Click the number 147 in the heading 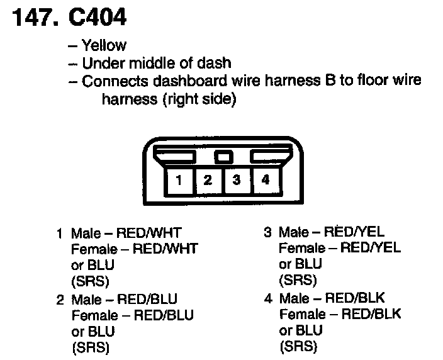31,17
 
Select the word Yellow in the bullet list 104,45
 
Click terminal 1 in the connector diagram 179,180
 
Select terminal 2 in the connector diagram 208,180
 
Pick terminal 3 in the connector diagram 237,180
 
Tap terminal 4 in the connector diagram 266,180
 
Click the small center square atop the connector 223,155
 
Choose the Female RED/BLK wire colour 371,313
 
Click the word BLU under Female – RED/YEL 308,264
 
